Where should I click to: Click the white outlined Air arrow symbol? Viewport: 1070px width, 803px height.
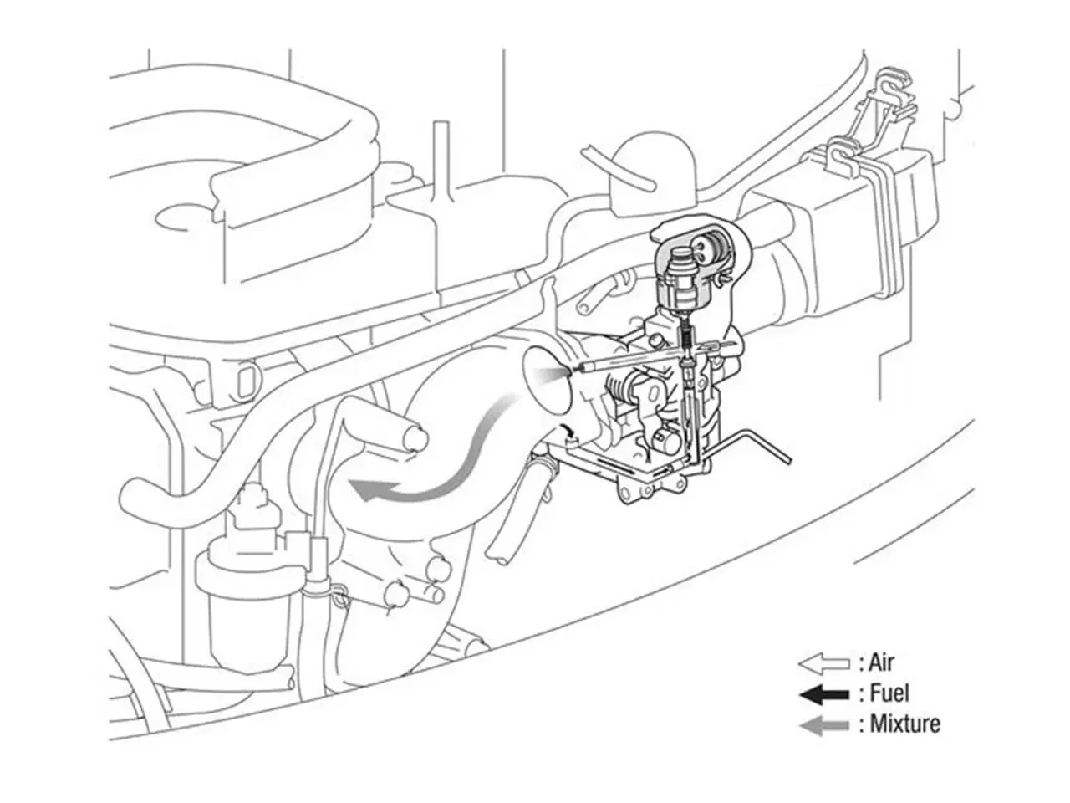(x=824, y=664)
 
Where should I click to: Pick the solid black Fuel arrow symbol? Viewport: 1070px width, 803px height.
(x=824, y=695)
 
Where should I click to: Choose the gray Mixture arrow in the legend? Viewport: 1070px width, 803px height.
(x=824, y=725)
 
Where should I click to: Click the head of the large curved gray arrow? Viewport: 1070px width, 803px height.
(x=367, y=490)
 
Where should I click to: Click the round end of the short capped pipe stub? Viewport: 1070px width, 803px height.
(x=418, y=438)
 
